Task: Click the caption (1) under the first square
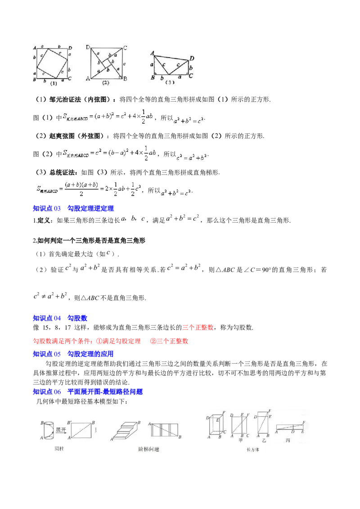pos(54,83)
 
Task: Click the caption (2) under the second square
pos(106,83)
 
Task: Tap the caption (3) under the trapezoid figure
pos(169,82)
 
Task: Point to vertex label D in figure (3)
pos(192,58)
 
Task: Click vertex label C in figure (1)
pos(70,78)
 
